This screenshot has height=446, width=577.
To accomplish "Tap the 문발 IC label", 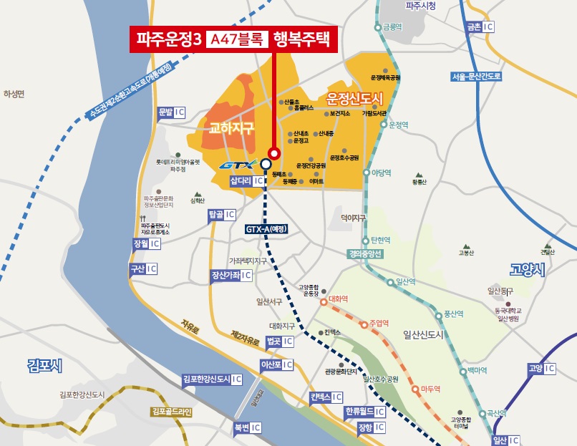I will (x=171, y=112).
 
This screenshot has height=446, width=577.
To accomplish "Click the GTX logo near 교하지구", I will (x=236, y=165).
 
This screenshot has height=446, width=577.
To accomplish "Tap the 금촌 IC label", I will (x=480, y=26).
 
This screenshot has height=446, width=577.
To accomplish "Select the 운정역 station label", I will (x=398, y=125).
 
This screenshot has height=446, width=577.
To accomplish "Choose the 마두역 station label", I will (x=429, y=389).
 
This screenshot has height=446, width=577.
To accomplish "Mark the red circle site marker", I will (x=273, y=152).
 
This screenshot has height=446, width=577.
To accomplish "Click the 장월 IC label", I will (x=145, y=244).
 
